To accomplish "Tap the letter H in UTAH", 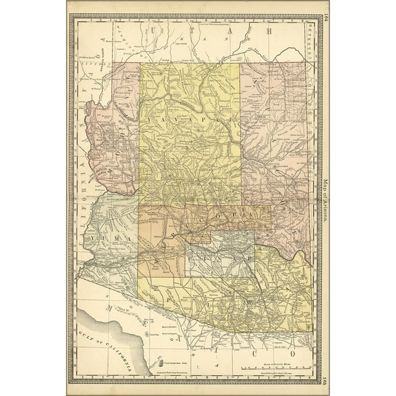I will (267, 30).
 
